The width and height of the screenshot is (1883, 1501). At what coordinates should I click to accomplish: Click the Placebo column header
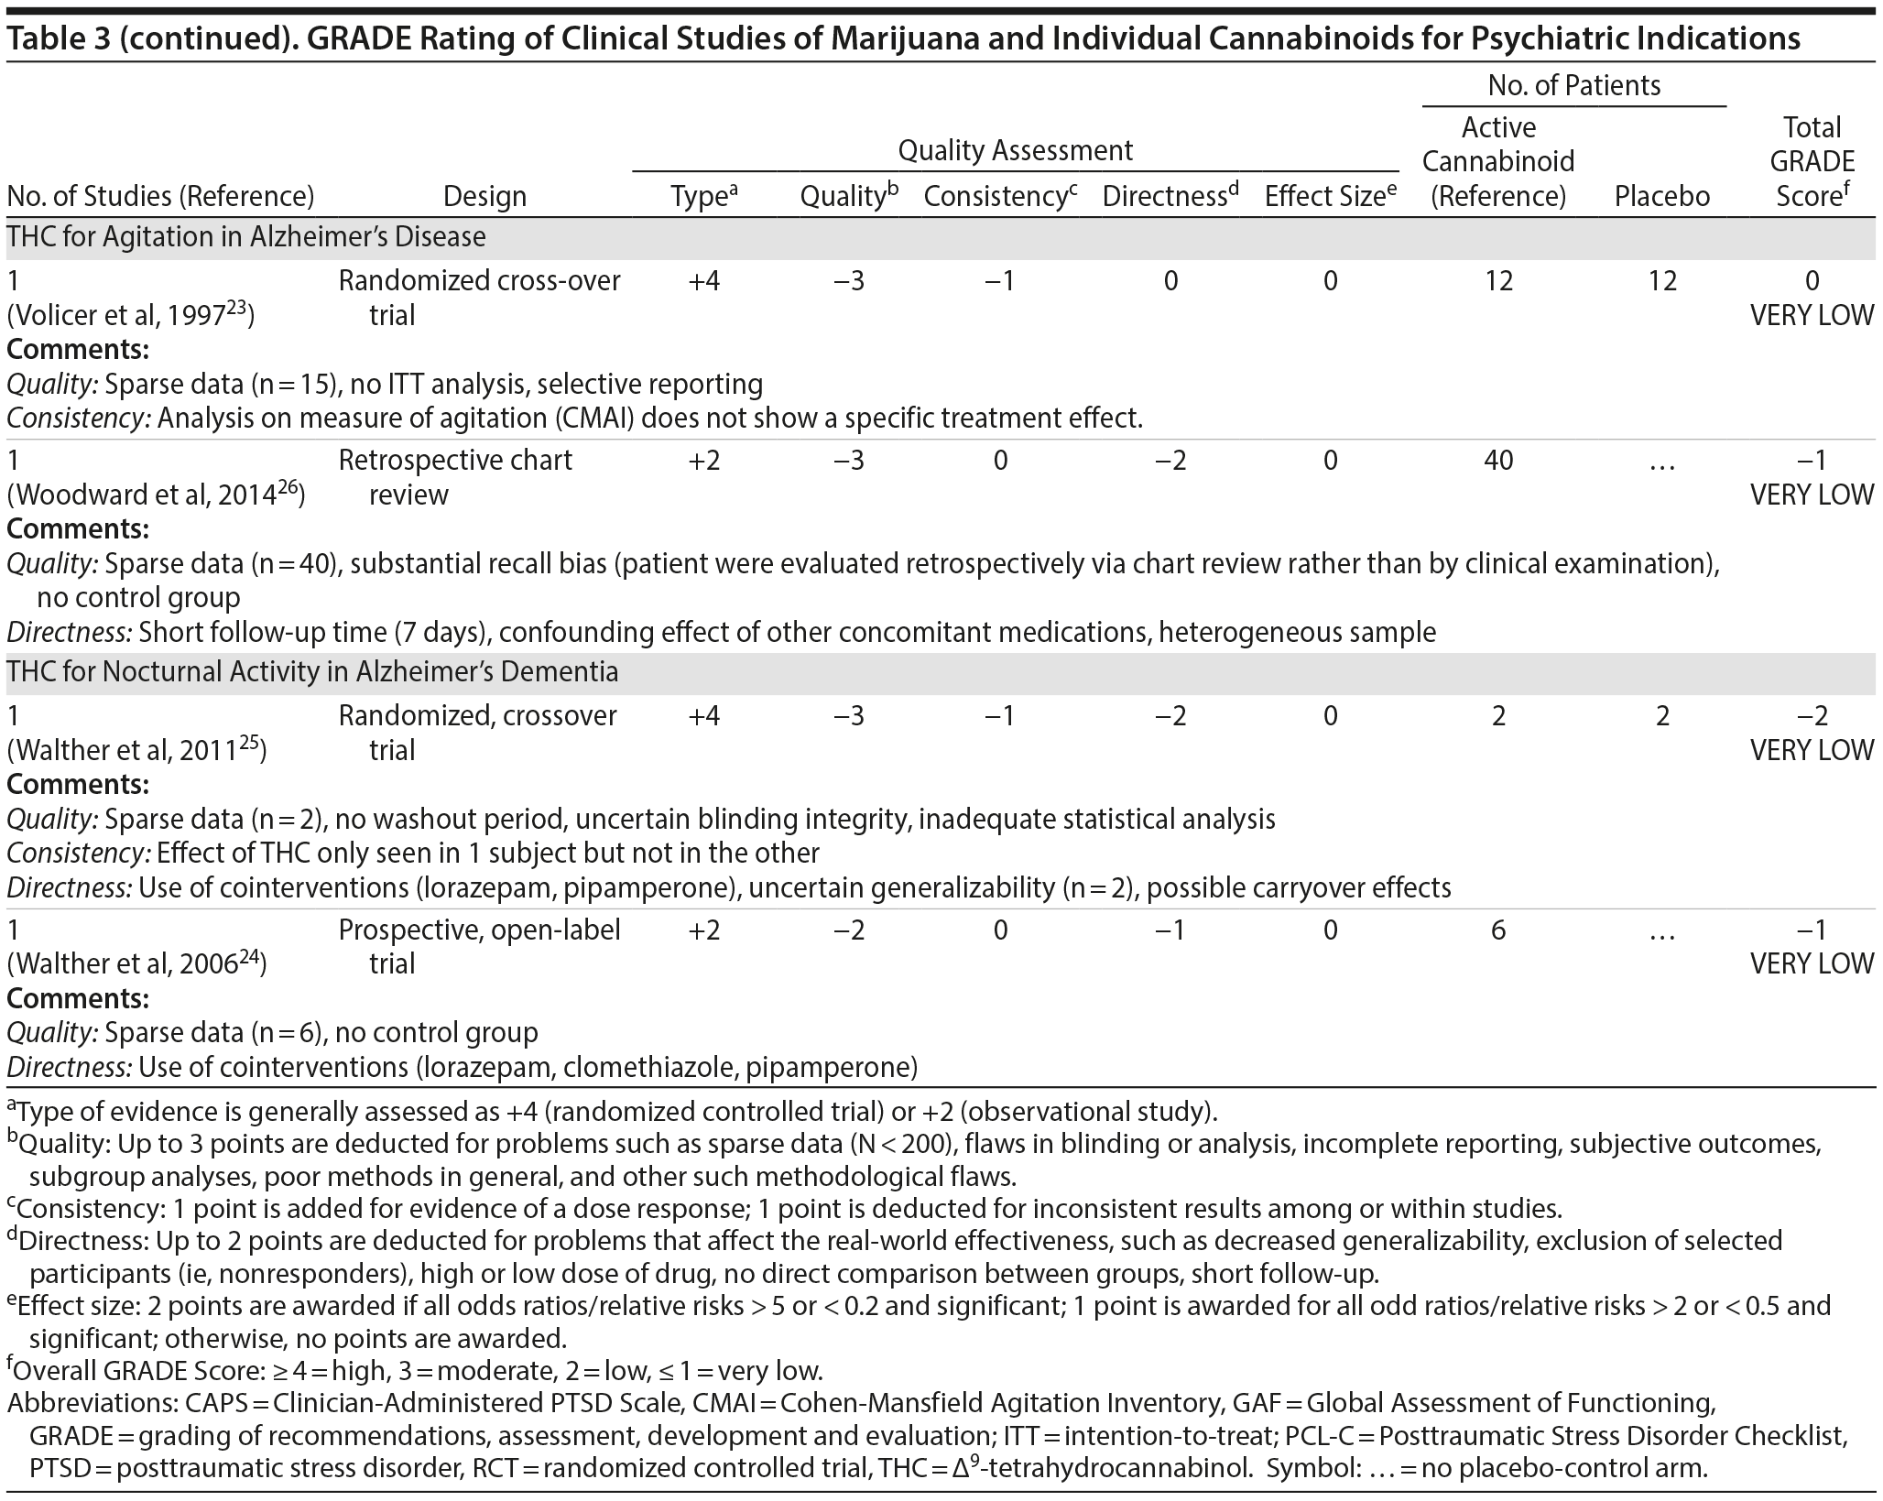point(1661,196)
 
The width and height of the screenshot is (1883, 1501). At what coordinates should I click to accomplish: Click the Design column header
point(484,196)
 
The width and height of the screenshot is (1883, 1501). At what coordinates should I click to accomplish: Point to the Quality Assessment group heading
point(1015,150)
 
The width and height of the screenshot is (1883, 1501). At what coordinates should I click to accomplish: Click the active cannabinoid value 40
point(1498,460)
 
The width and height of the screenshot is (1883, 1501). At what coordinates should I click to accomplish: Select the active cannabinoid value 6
point(1498,930)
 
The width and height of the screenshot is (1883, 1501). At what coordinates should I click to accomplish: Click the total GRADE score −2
point(1811,716)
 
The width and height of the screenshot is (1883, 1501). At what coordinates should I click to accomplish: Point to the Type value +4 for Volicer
point(703,281)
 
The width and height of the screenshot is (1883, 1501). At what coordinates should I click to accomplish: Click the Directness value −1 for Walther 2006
point(1170,930)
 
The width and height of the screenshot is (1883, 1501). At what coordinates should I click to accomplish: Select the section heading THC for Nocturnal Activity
point(312,672)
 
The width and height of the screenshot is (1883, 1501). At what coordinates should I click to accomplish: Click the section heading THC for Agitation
point(246,237)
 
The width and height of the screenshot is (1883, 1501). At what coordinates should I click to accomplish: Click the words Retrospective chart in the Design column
point(455,460)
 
